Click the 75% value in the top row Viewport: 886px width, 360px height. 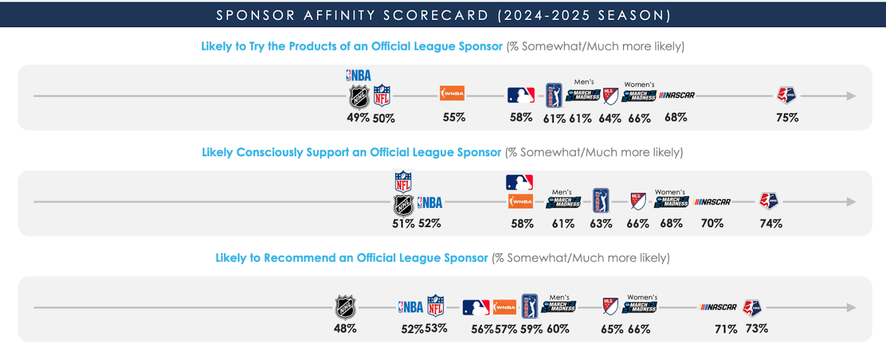point(787,117)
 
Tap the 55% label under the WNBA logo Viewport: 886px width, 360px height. point(454,117)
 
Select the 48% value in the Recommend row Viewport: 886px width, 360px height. point(345,328)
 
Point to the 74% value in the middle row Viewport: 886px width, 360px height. point(771,223)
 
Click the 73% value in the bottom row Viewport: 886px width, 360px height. point(756,328)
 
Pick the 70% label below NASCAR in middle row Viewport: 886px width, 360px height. point(712,223)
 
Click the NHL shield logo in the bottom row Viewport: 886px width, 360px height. point(346,307)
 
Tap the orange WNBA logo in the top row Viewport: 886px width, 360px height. point(452,93)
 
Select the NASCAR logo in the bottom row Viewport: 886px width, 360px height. point(718,307)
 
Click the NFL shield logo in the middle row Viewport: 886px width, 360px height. point(403,182)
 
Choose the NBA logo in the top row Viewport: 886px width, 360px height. point(359,75)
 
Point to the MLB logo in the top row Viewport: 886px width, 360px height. point(521,95)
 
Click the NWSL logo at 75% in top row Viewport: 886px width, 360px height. point(786,95)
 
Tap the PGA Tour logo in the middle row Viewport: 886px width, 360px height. point(601,200)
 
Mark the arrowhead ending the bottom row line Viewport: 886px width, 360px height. point(852,307)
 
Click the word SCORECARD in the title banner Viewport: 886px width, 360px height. point(436,15)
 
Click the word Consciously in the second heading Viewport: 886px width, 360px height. point(269,152)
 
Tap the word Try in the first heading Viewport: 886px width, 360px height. point(256,47)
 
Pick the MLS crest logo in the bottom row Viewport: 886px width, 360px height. point(610,306)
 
